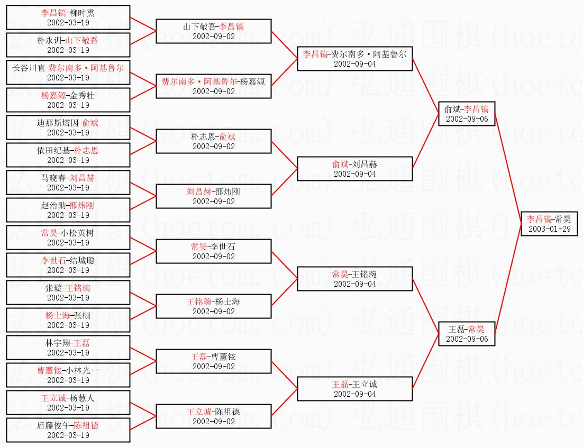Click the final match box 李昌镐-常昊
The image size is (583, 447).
pyautogui.click(x=549, y=223)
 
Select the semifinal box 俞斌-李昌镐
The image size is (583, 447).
pyautogui.click(x=467, y=113)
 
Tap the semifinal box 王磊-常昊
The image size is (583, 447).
pyautogui.click(x=467, y=333)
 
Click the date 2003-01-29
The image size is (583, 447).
pyautogui.click(x=549, y=229)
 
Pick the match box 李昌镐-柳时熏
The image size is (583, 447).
pyautogui.click(x=68, y=17)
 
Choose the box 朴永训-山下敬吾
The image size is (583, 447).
pyautogui.click(x=68, y=45)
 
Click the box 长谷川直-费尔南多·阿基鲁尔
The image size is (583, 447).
pyautogui.click(x=68, y=72)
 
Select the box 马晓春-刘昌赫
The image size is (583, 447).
pyautogui.click(x=68, y=183)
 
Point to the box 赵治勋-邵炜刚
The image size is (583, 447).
pyautogui.click(x=68, y=210)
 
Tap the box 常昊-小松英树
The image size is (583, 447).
pyautogui.click(x=68, y=238)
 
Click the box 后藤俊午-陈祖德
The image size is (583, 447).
pyautogui.click(x=68, y=430)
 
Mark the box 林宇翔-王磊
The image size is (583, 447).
pyautogui.click(x=68, y=348)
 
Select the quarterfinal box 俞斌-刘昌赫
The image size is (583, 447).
pyautogui.click(x=354, y=169)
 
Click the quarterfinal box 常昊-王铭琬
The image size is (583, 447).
pyautogui.click(x=354, y=279)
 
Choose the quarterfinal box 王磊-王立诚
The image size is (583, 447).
pyautogui.click(x=354, y=389)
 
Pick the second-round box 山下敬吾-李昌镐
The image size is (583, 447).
pyautogui.click(x=213, y=31)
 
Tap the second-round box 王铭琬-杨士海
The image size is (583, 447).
pyautogui.click(x=213, y=306)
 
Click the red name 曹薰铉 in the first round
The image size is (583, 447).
pyautogui.click(x=49, y=370)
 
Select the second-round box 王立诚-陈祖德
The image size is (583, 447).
pyautogui.click(x=213, y=416)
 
